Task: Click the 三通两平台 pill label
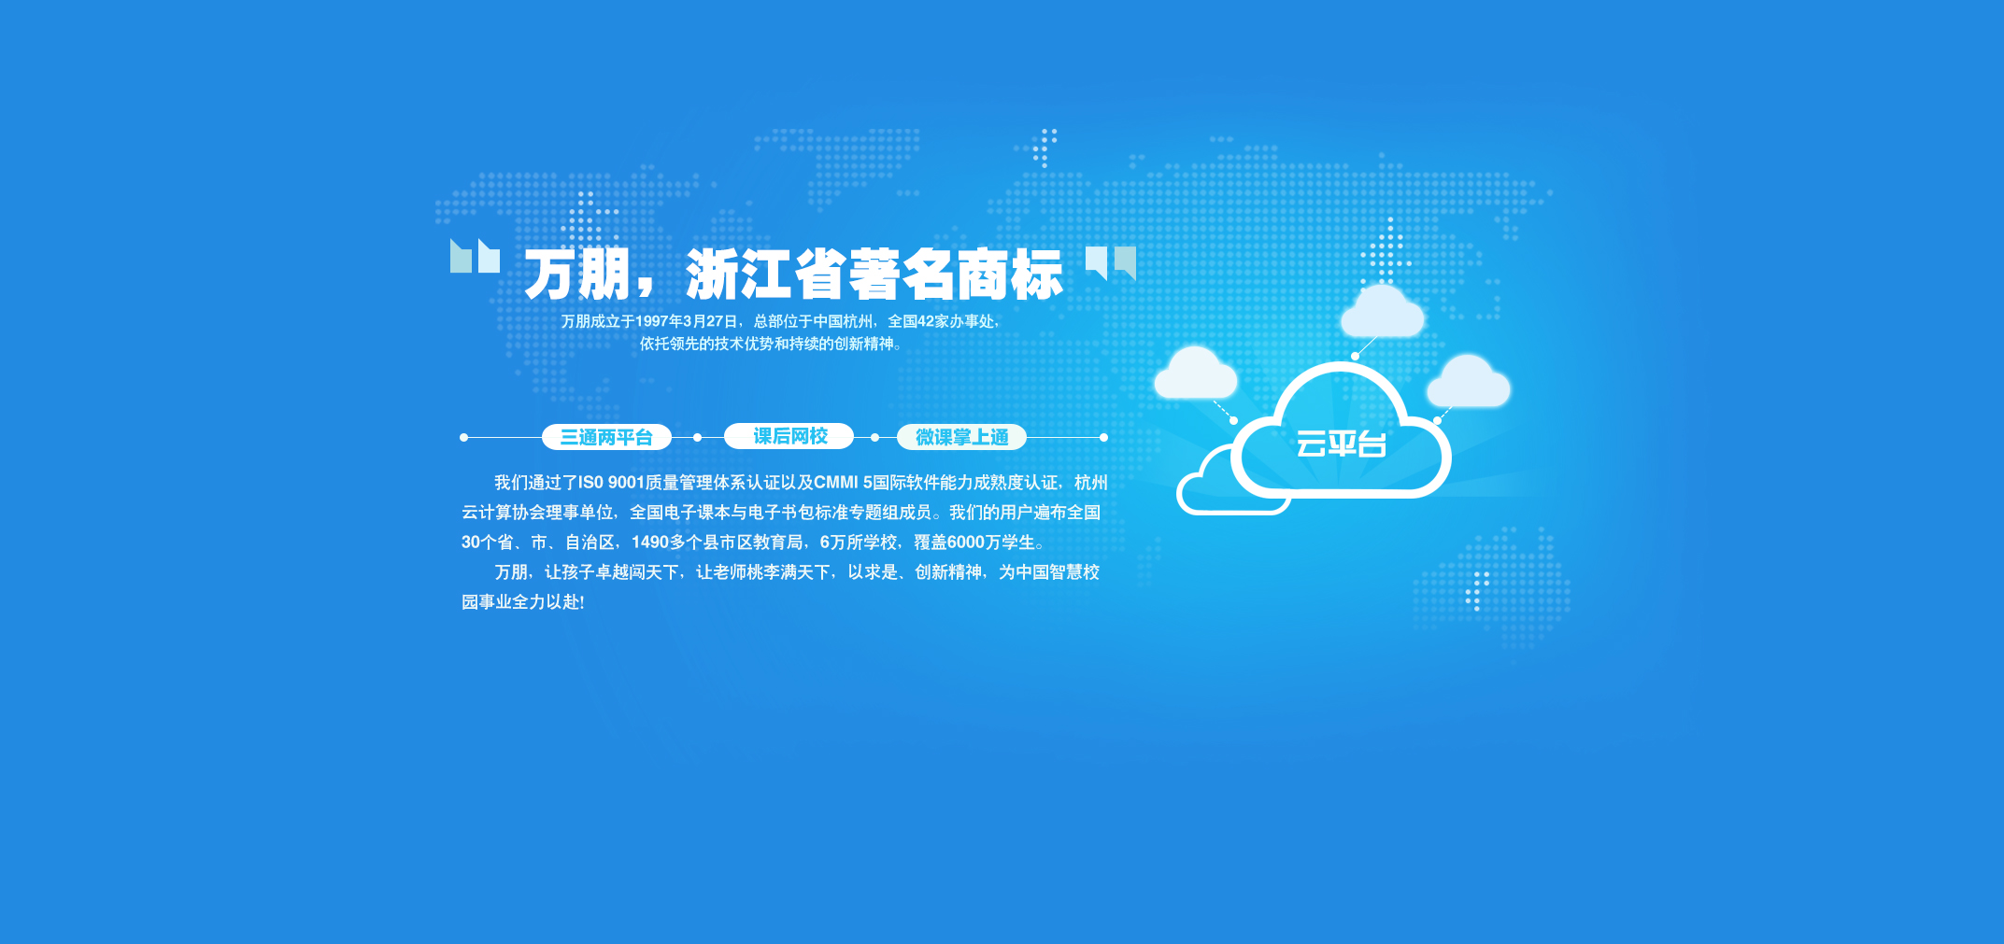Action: pyautogui.click(x=606, y=437)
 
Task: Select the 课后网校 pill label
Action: pyautogui.click(x=789, y=436)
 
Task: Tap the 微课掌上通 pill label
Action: pyautogui.click(x=961, y=437)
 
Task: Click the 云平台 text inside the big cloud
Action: pyautogui.click(x=1341, y=444)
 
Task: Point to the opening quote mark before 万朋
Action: pyautogui.click(x=475, y=256)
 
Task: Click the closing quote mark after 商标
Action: pyautogui.click(x=1111, y=263)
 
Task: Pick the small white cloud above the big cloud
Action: pyautogui.click(x=1382, y=311)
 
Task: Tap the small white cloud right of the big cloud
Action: pyautogui.click(x=1468, y=381)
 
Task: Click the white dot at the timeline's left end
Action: pyautogui.click(x=463, y=437)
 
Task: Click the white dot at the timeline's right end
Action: pyautogui.click(x=1103, y=437)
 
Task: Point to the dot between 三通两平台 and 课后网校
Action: pyautogui.click(x=697, y=437)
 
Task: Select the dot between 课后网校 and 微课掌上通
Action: pyautogui.click(x=874, y=437)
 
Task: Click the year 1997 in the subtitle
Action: pyautogui.click(x=651, y=321)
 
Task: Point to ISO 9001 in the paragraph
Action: pyautogui.click(x=611, y=483)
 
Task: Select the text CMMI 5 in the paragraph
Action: pyautogui.click(x=843, y=483)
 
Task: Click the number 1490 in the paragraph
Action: pyautogui.click(x=650, y=542)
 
